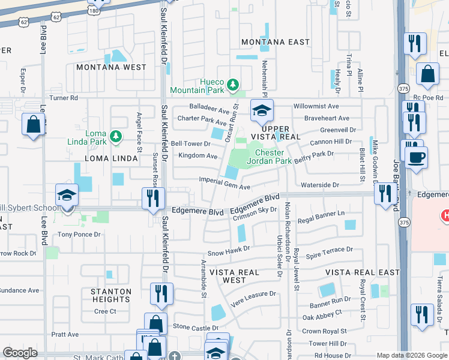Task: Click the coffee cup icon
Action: coord(415,157)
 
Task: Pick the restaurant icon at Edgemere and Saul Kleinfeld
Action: coord(154,198)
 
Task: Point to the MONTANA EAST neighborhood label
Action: coord(276,42)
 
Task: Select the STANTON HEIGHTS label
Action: coord(111,295)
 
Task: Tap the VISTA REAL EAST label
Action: coord(363,272)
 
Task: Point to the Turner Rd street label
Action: coord(64,98)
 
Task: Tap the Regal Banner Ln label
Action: coord(321,214)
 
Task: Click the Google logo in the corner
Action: coord(20,353)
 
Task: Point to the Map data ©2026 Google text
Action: coord(411,355)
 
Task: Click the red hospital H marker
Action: coord(445,215)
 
